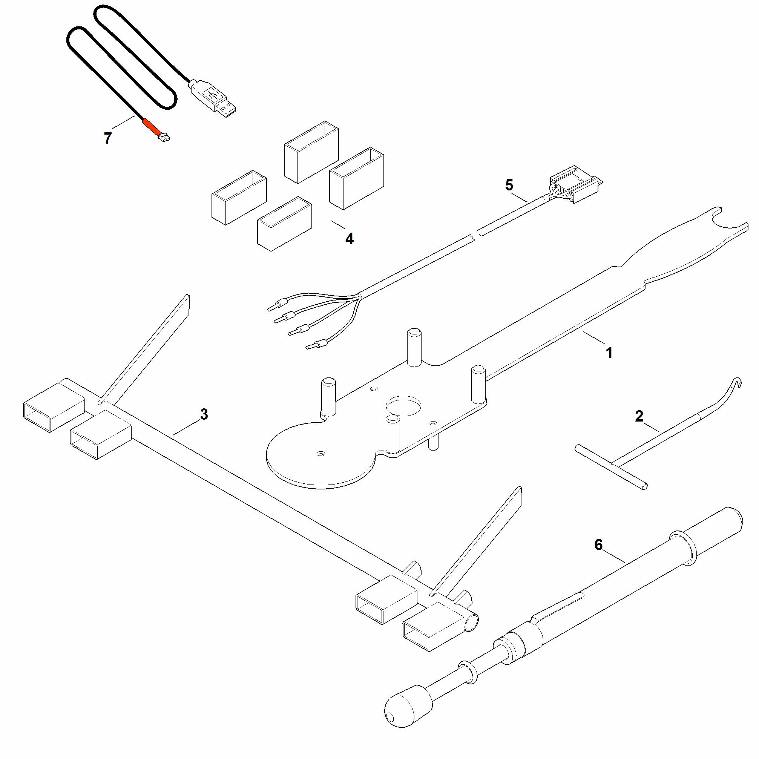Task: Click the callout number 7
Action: tap(107, 138)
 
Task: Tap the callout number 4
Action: tap(349, 238)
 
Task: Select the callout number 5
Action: tap(509, 185)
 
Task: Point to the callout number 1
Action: tap(609, 353)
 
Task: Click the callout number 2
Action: tap(639, 416)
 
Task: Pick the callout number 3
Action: tap(204, 414)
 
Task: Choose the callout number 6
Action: tap(598, 545)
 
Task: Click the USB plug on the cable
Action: tap(213, 99)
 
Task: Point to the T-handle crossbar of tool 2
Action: tap(611, 467)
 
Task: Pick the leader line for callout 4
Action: tap(338, 225)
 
